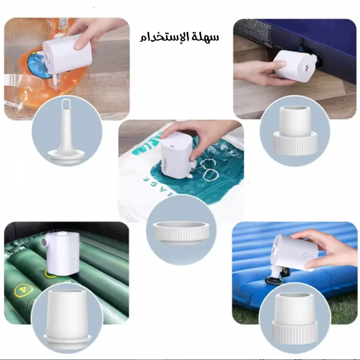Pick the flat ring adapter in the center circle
point(181,230)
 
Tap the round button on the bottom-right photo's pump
point(305,254)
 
